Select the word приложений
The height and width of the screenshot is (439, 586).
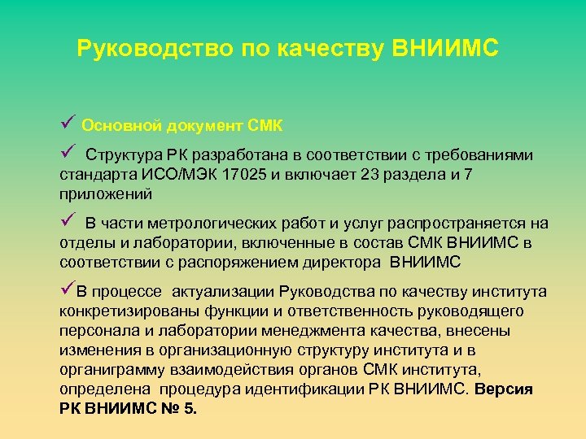point(105,194)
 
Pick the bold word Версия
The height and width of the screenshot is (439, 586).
point(504,389)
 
